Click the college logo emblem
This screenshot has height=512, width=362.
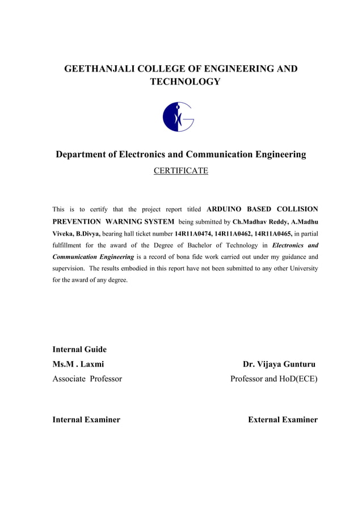[178, 117]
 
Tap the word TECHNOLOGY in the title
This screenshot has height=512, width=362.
[184, 83]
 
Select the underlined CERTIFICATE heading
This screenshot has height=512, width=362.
[181, 170]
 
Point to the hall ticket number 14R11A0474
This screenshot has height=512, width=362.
[193, 233]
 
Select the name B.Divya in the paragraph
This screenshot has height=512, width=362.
[87, 233]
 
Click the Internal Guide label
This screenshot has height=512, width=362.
[79, 349]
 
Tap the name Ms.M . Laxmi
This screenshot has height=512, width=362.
[78, 364]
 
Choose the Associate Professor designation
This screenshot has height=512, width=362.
[87, 379]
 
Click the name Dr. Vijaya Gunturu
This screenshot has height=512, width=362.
[279, 364]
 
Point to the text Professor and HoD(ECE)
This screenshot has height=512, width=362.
[273, 379]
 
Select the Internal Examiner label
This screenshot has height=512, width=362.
[86, 419]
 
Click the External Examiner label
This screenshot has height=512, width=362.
[283, 419]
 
